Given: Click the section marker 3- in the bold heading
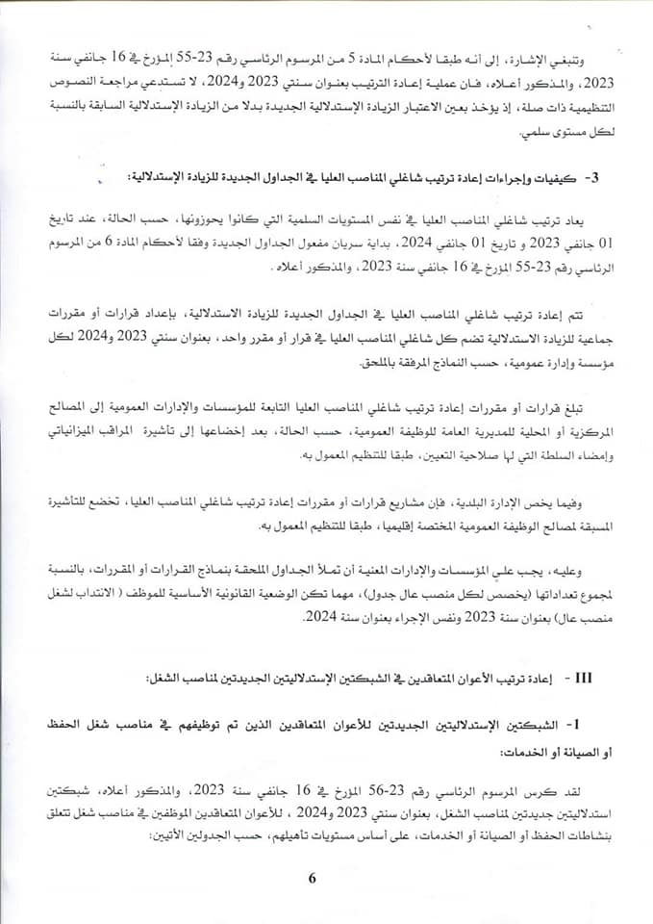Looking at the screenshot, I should [593, 178].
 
